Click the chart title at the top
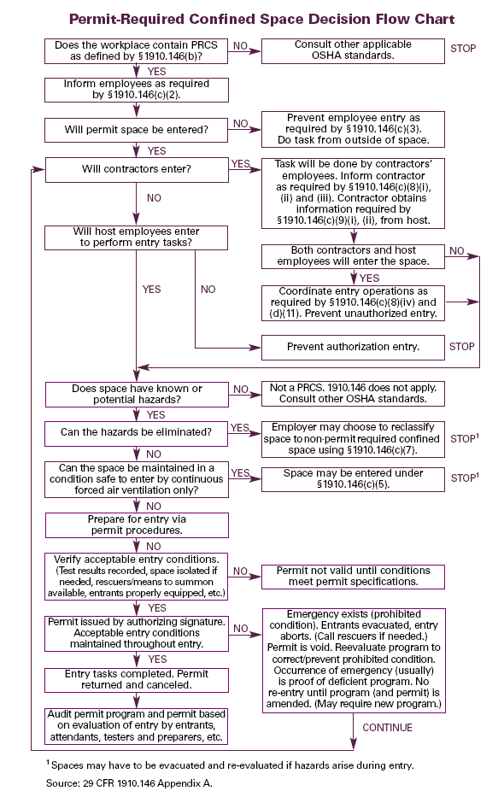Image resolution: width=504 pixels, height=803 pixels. pyautogui.click(x=261, y=20)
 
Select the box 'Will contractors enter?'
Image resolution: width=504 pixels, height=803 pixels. pyautogui.click(x=137, y=169)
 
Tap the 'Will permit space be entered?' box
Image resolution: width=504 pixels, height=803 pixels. pyautogui.click(x=136, y=130)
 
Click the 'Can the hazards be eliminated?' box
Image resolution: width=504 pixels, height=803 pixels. pyautogui.click(x=136, y=433)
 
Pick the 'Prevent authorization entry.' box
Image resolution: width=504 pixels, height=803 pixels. pyautogui.click(x=353, y=347)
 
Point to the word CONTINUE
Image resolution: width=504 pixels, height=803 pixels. pyautogui.click(x=387, y=728)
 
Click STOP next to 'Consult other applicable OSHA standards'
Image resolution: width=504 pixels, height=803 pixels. pyautogui.click(x=463, y=49)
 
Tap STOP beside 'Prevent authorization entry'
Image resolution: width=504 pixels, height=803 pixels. pyautogui.click(x=462, y=347)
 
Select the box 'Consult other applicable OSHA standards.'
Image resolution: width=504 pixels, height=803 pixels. pyautogui.click(x=353, y=50)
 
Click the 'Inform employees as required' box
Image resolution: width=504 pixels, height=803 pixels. pyautogui.click(x=136, y=90)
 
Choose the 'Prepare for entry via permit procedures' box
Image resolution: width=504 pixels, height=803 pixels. pyautogui.click(x=137, y=525)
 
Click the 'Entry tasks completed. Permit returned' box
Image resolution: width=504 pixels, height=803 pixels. pyautogui.click(x=136, y=680)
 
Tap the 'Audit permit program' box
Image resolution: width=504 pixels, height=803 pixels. pyautogui.click(x=136, y=725)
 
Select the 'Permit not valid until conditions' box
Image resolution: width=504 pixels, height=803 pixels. pyautogui.click(x=353, y=577)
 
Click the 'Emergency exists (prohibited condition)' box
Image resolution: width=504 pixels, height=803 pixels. pyautogui.click(x=354, y=660)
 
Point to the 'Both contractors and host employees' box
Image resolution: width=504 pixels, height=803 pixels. pyautogui.click(x=353, y=256)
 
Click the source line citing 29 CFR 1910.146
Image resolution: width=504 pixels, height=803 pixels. pyautogui.click(x=129, y=783)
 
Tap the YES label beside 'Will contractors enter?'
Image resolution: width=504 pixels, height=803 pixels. pyautogui.click(x=240, y=164)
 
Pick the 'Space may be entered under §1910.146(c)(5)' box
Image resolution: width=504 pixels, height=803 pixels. pyautogui.click(x=353, y=479)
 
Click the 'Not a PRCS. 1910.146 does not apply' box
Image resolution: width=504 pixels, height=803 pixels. pyautogui.click(x=353, y=394)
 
